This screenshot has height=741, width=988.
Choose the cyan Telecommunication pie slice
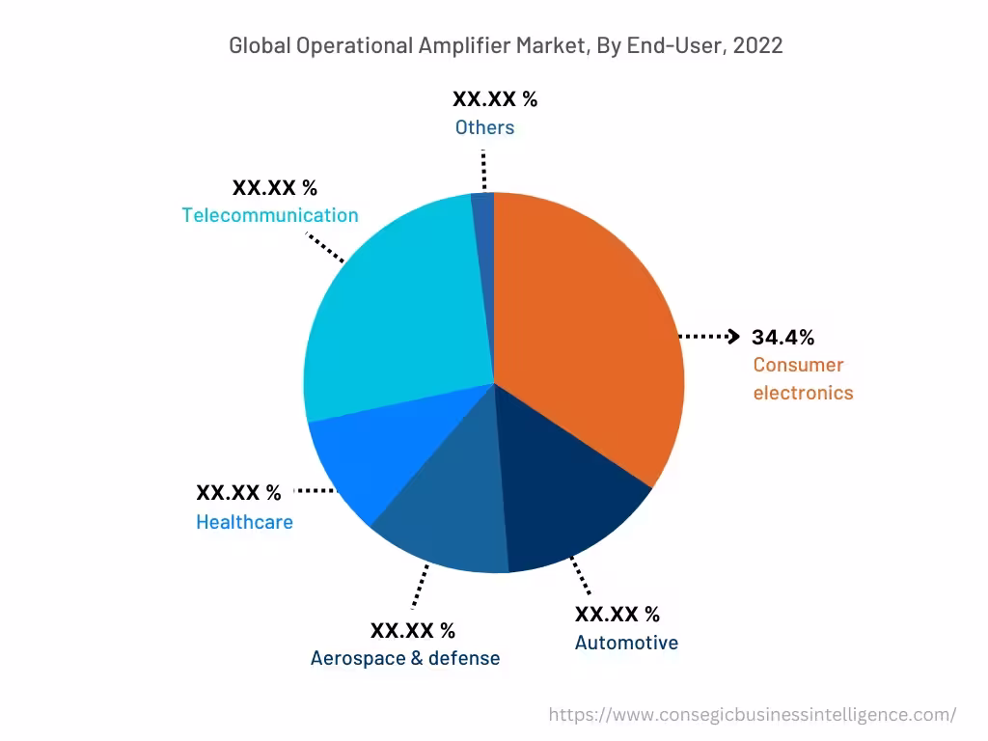coord(396,309)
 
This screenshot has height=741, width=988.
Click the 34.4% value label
coord(782,337)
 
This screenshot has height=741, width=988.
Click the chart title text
coord(506,45)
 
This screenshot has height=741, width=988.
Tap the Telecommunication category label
coord(270,215)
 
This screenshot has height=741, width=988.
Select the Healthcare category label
coord(244,522)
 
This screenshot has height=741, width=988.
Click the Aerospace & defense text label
coord(405,658)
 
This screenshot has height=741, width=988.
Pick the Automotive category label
coord(626,643)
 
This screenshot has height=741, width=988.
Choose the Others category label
coord(484,127)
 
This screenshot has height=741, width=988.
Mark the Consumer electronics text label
coord(803,378)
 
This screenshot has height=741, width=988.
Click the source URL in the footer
coord(752,715)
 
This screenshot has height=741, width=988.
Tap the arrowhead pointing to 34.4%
coord(733,337)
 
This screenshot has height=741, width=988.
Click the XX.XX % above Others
coord(495,98)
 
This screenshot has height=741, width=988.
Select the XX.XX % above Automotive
coord(617,615)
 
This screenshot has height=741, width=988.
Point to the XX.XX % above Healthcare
coord(238,493)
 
